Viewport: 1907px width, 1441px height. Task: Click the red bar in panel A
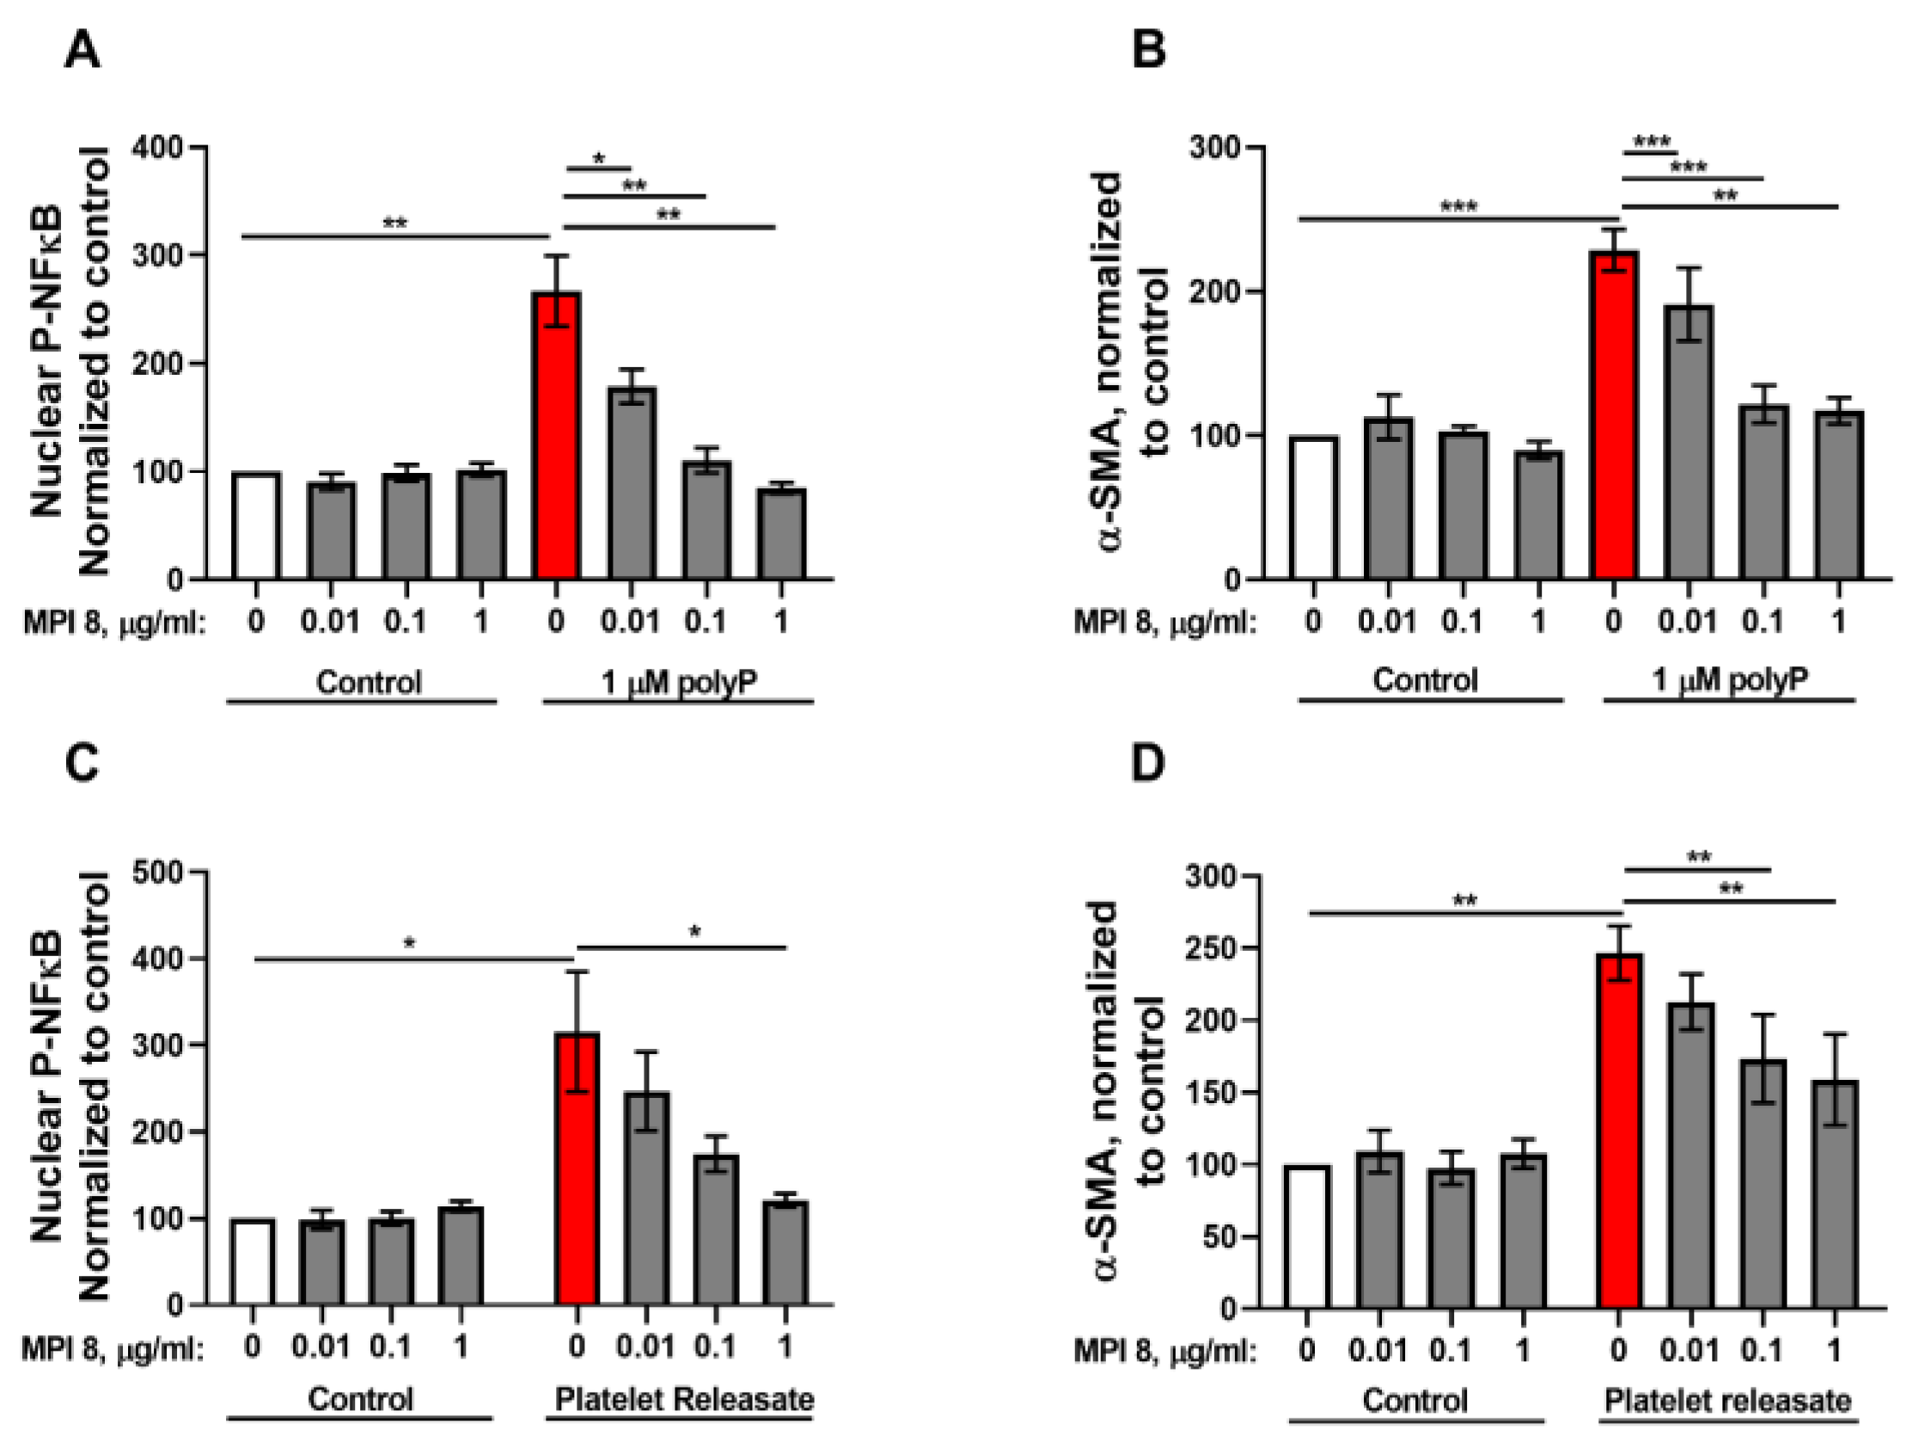point(556,436)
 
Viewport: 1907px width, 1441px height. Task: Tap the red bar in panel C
point(576,1168)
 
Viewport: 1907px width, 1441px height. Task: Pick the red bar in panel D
point(1618,1130)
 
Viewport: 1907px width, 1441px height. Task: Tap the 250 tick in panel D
point(1212,948)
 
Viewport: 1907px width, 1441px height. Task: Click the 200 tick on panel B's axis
point(1216,291)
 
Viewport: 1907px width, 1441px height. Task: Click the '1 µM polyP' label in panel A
point(678,682)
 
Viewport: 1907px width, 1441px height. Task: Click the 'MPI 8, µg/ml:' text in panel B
point(1164,622)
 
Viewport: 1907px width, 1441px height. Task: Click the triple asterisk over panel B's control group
point(1458,207)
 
